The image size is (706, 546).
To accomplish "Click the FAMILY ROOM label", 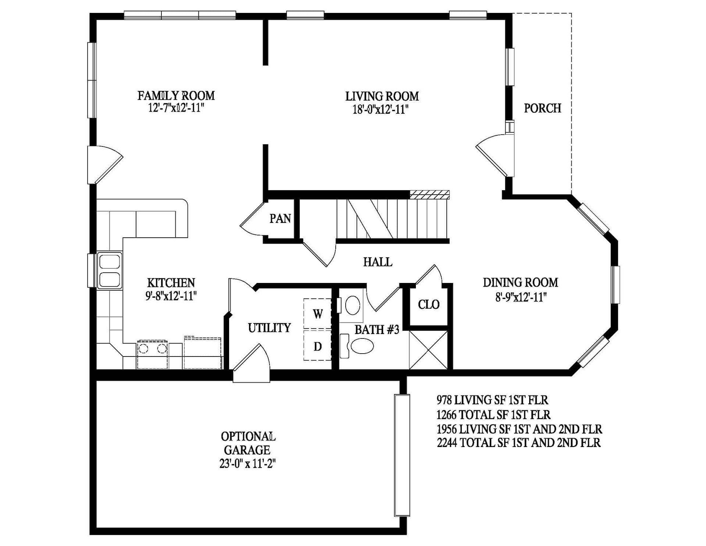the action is pos(176,96).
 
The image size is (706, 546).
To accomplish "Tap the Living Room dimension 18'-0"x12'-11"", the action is pos(381,109).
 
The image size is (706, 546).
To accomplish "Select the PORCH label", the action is pos(542,108).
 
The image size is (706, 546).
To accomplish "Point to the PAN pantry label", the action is pos(280,219).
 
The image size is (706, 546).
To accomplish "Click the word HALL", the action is pos(378,262).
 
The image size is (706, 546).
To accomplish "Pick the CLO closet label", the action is pos(429,305).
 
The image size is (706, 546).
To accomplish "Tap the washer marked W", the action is pos(317,313).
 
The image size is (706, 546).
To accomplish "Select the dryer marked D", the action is pos(317,345).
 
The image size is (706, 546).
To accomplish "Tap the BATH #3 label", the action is pos(377,330).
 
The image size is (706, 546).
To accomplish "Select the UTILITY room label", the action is pos(269,328).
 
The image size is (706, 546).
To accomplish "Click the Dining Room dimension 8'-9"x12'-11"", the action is pos(521,297).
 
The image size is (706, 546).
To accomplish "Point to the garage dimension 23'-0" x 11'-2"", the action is pos(247,464).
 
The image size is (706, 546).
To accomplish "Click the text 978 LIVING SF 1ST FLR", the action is pos(492,400).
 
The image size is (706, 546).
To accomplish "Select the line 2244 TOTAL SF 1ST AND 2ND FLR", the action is pos(518,442).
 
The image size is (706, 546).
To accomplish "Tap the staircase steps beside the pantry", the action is pos(393,219).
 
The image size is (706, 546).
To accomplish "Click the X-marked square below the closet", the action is pos(428,350).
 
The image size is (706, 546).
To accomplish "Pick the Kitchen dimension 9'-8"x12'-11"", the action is pos(171,296).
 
